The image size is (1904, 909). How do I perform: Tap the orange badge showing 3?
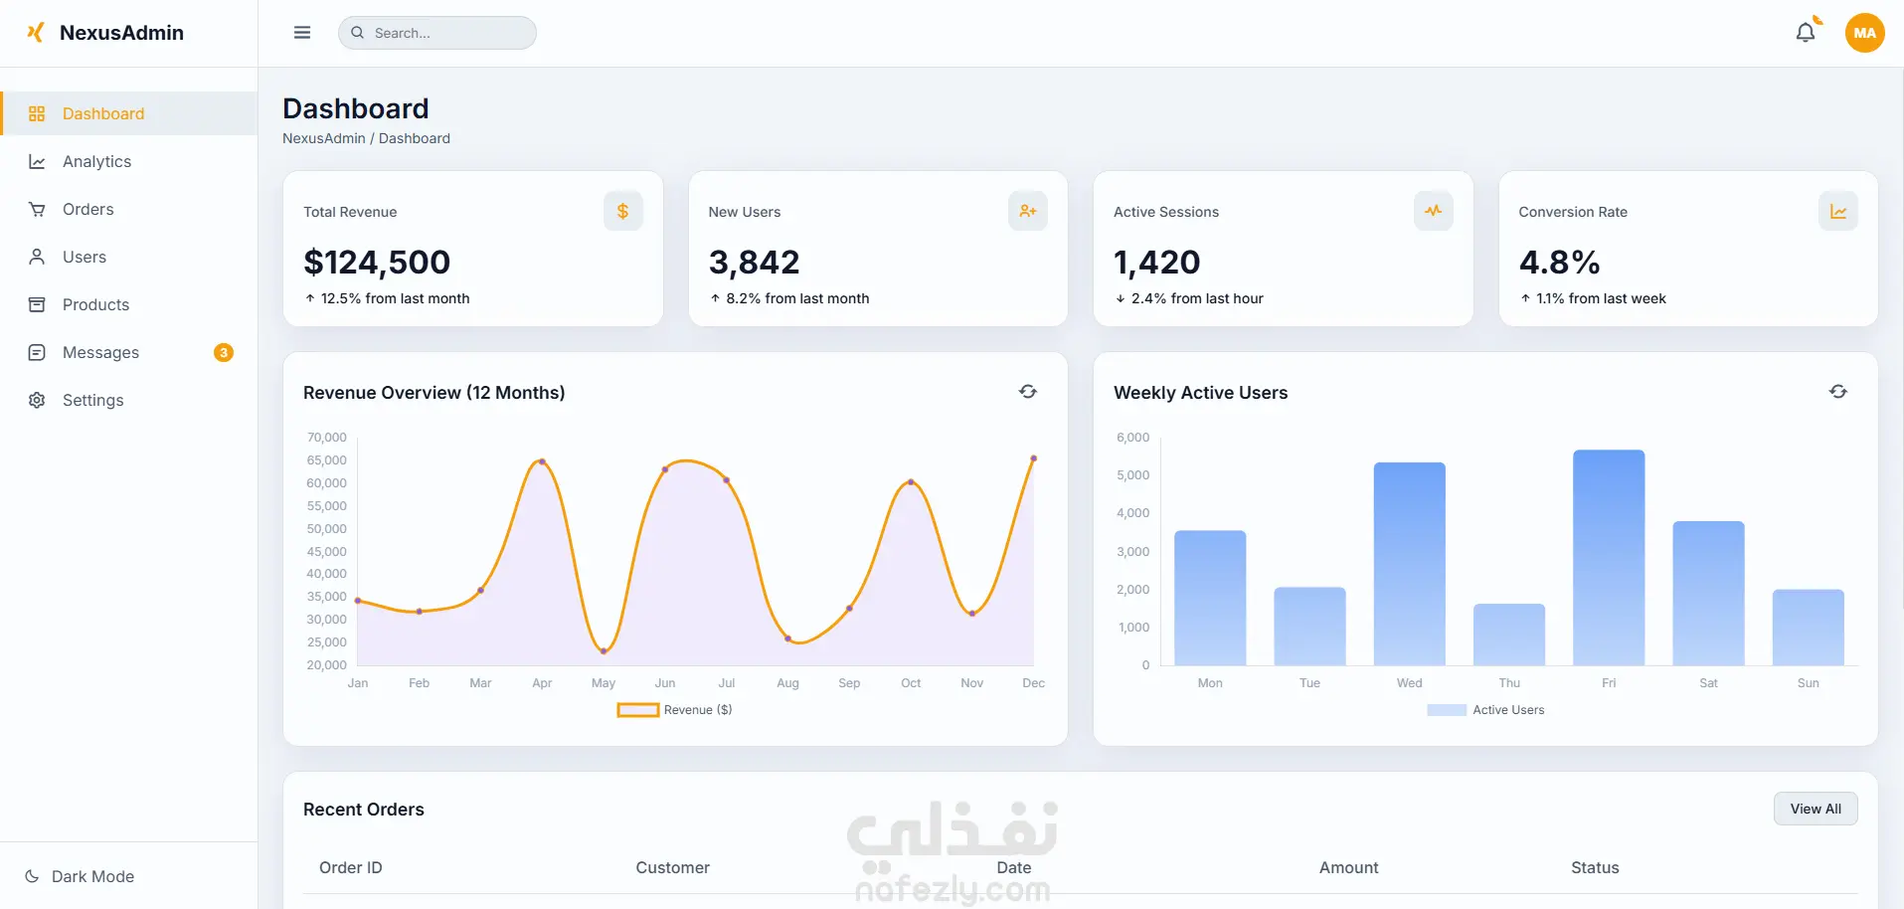(224, 352)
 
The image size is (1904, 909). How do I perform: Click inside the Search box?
(437, 33)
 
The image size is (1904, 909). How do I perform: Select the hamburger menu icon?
(302, 33)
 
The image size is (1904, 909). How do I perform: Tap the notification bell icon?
(1806, 33)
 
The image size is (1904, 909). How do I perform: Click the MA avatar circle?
(1864, 33)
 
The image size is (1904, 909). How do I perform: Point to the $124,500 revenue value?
(377, 262)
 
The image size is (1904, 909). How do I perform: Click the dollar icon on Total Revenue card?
(623, 211)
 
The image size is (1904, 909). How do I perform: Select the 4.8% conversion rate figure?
(1559, 262)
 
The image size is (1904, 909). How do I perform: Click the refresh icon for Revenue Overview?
(1028, 392)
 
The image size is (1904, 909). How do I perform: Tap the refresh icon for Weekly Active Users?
(1838, 392)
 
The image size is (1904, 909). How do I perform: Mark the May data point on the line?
(604, 651)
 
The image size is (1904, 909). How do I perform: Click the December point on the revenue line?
(1034, 458)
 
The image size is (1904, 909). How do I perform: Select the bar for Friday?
(1609, 558)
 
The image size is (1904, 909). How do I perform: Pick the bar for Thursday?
(1509, 635)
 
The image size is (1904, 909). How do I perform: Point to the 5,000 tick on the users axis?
(1132, 475)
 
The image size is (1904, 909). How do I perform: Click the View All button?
(1816, 809)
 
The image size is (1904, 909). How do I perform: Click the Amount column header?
(1348, 867)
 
